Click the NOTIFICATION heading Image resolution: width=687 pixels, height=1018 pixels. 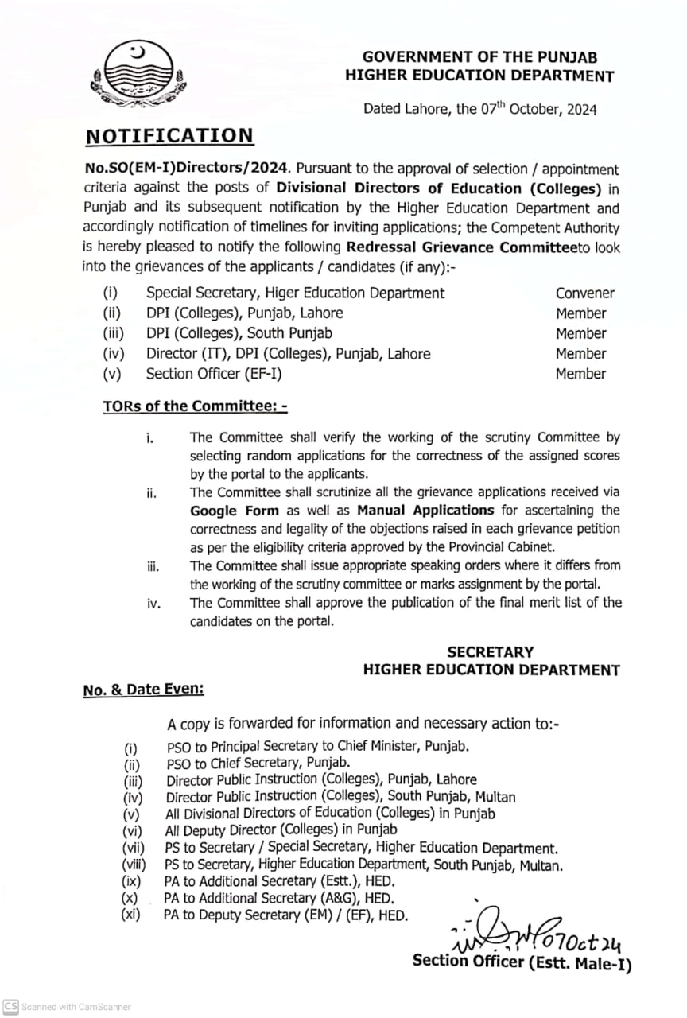point(169,135)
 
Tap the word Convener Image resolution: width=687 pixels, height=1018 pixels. point(584,293)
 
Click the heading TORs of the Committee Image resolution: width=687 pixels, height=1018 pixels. point(194,406)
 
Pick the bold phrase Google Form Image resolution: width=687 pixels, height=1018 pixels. point(234,511)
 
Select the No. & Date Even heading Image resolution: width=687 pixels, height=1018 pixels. point(143,690)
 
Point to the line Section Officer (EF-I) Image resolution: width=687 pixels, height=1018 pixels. point(213,374)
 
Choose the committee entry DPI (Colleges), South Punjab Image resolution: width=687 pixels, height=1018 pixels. point(239,334)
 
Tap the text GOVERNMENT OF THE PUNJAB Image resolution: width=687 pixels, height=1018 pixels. point(479,57)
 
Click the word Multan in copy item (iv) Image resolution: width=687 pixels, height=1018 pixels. point(495,797)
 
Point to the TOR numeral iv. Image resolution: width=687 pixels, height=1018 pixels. point(153,604)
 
